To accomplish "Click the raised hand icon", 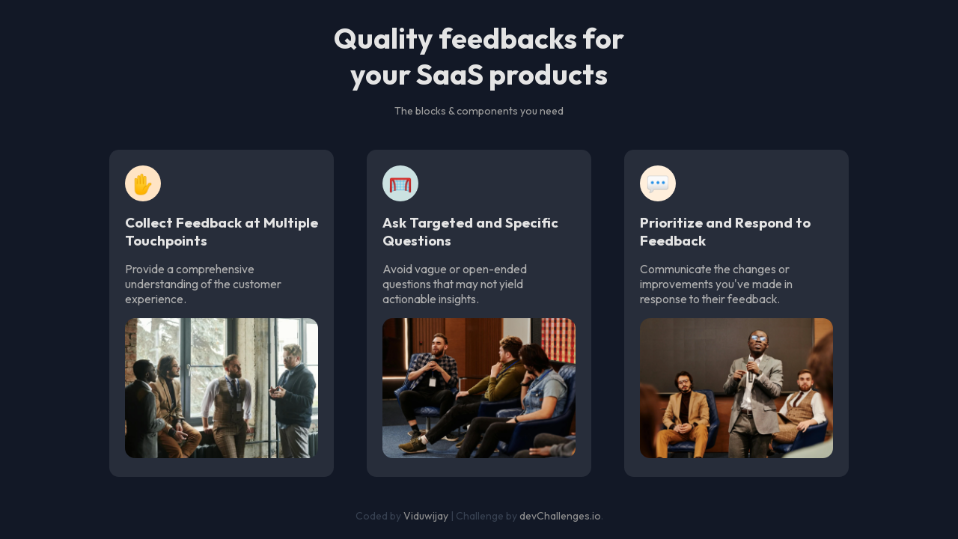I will pos(143,183).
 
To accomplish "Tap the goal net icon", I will pos(400,183).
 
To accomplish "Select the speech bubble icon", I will pos(658,183).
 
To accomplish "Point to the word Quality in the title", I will pos(382,40).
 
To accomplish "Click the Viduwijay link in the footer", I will pos(426,516).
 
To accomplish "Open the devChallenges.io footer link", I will pos(560,516).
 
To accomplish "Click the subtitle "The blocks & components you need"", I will pos(479,111).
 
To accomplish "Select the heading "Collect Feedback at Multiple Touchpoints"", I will pos(222,232).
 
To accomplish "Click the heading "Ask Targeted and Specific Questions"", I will pos(470,232).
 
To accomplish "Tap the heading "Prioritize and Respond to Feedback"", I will pos(724,232).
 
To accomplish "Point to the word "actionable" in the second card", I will pos(412,299).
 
